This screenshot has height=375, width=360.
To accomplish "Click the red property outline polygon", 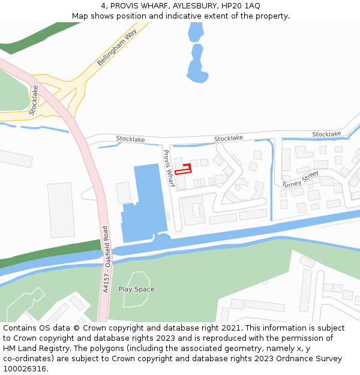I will [184, 169].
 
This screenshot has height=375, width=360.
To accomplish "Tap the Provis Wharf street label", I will [169, 168].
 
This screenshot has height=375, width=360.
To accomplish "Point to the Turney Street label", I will [301, 178].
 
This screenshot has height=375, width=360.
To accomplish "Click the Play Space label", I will [136, 289].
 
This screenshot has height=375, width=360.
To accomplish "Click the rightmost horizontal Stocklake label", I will [326, 134].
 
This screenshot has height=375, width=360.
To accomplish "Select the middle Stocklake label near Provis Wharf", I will [229, 138].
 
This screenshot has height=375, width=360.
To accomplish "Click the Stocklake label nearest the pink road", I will [130, 139].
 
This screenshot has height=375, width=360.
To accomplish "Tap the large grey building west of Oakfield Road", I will [61, 210].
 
